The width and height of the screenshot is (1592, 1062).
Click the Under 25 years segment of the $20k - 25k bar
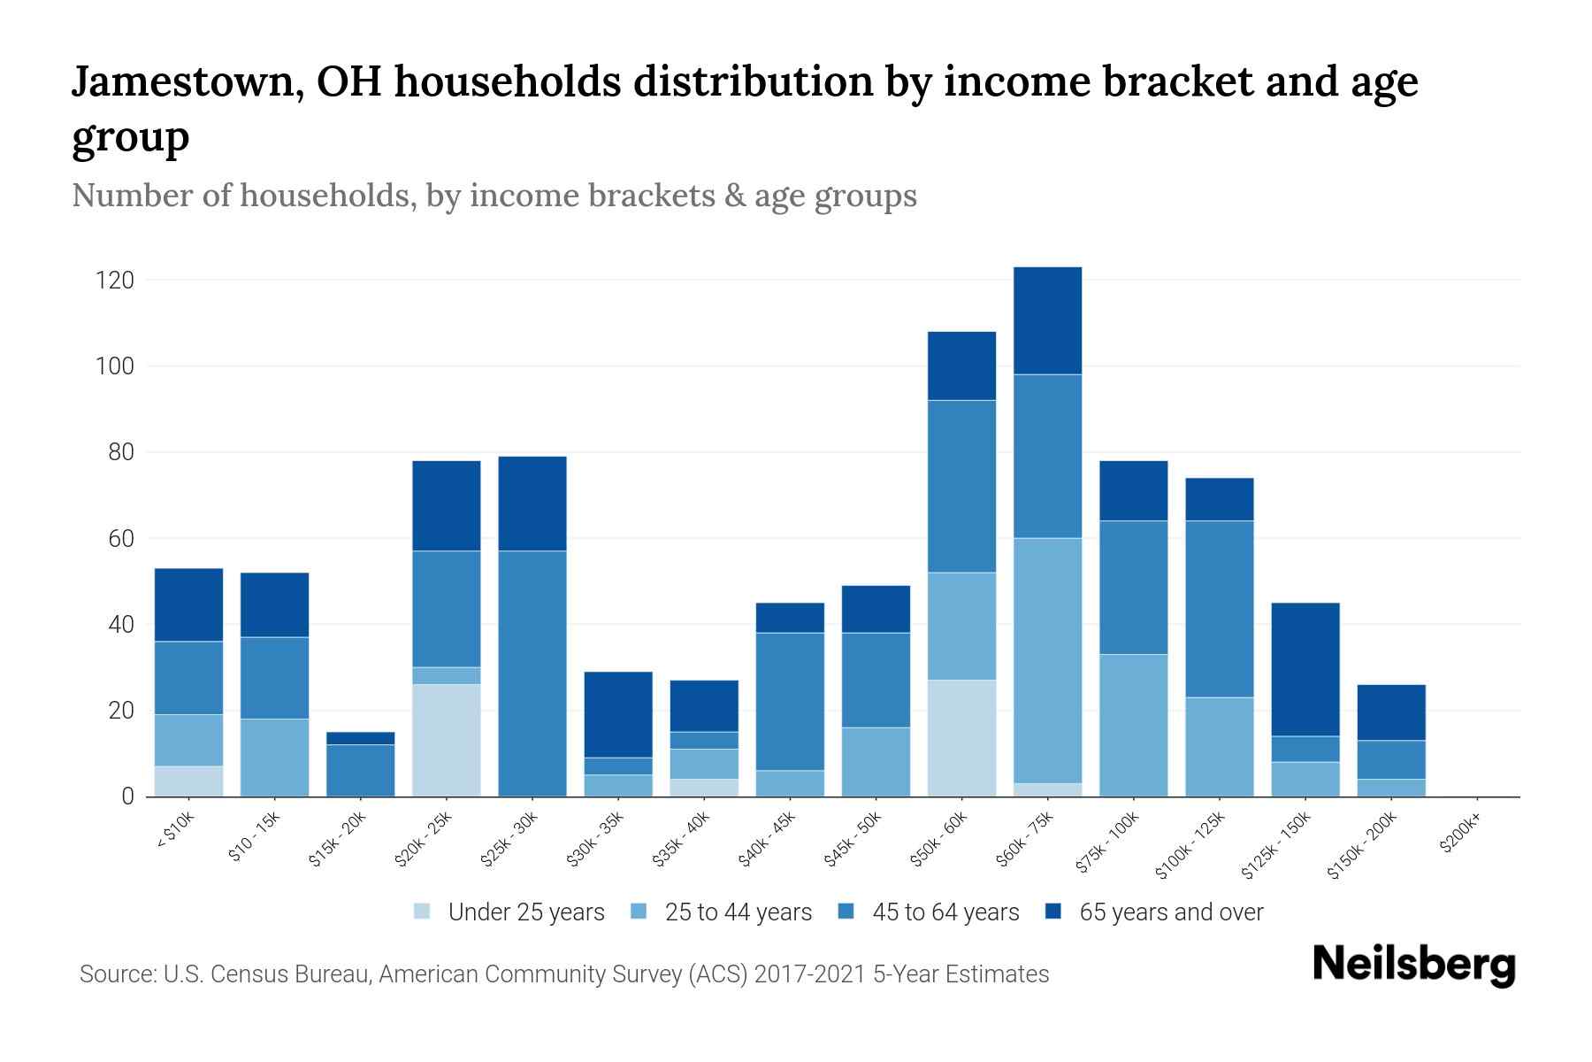447,740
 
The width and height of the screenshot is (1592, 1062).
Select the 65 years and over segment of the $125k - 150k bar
1305,669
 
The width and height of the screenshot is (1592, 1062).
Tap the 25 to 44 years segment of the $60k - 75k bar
1047,660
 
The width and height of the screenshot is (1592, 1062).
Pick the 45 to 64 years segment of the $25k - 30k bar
532,673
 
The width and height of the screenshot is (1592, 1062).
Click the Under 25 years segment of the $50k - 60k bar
961,738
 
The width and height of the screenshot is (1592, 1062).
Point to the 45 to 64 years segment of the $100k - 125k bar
1220,609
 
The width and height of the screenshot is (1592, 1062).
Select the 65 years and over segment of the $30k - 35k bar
618,714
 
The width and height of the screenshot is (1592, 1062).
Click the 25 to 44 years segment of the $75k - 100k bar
1134,725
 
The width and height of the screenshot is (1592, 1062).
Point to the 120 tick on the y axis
115,281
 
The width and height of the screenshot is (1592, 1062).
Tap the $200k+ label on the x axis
1459,835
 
